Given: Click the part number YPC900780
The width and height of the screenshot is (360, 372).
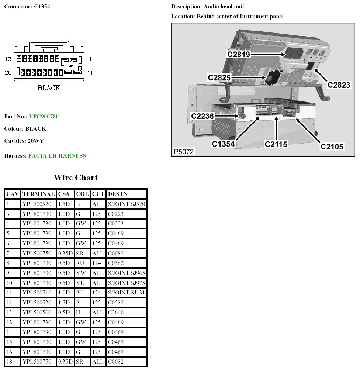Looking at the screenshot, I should (44, 117).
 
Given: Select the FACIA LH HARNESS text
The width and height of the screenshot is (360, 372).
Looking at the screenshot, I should (57, 156).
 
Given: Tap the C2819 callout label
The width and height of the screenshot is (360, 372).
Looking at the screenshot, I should (239, 55).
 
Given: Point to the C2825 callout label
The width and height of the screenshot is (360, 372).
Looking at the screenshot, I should (219, 78).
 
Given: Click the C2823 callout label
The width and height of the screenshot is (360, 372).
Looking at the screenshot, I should (339, 85).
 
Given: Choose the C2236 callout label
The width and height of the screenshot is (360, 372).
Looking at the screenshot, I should (202, 116).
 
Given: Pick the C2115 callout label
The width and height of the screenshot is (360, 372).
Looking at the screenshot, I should (276, 145).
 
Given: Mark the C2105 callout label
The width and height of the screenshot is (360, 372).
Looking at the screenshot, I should (332, 147).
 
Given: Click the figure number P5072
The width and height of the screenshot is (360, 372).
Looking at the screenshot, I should (184, 152).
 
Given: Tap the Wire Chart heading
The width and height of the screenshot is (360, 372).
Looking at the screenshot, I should (76, 178).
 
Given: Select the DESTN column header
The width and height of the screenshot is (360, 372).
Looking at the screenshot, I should (117, 194).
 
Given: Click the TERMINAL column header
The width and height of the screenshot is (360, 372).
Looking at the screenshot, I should (38, 194).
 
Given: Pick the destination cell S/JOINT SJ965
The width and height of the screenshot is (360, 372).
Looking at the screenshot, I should (127, 273).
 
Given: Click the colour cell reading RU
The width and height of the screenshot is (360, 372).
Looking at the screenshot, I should (80, 263).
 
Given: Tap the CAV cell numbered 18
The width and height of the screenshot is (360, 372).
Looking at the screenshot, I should (10, 362).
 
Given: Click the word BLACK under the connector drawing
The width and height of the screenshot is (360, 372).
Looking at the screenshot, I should (49, 88).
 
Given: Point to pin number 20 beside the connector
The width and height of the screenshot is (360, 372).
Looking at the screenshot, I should (8, 73).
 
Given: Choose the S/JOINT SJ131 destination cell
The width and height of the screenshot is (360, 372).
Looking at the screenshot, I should (127, 293).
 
